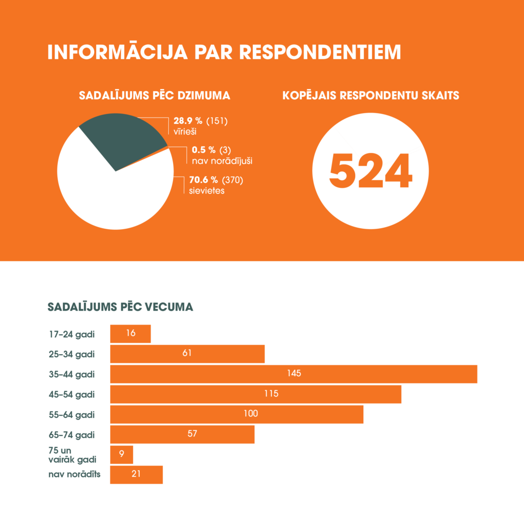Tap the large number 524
coord(370,170)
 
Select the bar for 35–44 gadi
coord(294,374)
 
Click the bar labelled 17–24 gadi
coord(130,334)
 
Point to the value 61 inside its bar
coord(187,354)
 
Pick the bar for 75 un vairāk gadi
coord(122,454)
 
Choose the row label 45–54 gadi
coord(72,394)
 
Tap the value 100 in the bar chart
coord(251,414)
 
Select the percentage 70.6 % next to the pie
coord(203,180)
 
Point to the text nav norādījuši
coord(222,161)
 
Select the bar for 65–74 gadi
coord(182,434)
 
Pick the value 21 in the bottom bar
coord(136,474)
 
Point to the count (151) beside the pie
coord(217,121)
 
